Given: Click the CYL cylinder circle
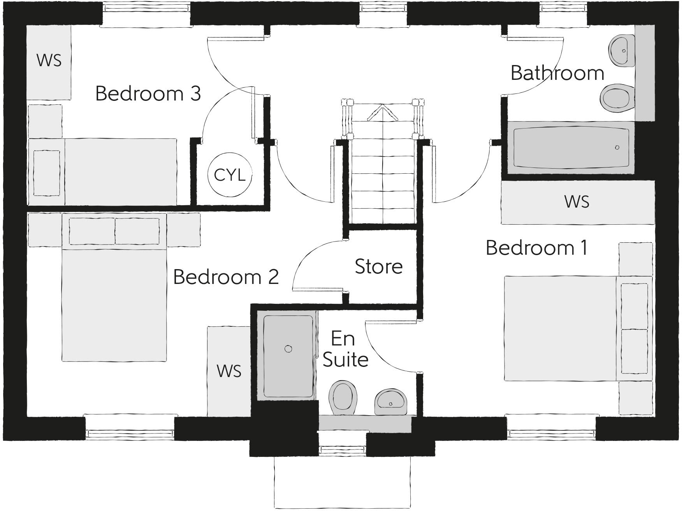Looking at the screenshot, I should click(230, 175).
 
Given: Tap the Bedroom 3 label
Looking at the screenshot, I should click(148, 93).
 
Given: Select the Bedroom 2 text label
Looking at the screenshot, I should click(226, 277).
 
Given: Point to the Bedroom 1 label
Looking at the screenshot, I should click(536, 248).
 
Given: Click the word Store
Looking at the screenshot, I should click(378, 267).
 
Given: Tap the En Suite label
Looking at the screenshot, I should click(345, 349).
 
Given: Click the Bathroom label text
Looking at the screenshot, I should click(557, 73).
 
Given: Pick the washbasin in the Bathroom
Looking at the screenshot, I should click(622, 51).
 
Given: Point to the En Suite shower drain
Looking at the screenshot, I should click(288, 349).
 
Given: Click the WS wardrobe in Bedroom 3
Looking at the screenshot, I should click(49, 61).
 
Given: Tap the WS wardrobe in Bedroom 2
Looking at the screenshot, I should click(229, 371).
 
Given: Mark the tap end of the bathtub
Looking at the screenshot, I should click(617, 148).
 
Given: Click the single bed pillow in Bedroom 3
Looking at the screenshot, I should click(47, 173).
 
